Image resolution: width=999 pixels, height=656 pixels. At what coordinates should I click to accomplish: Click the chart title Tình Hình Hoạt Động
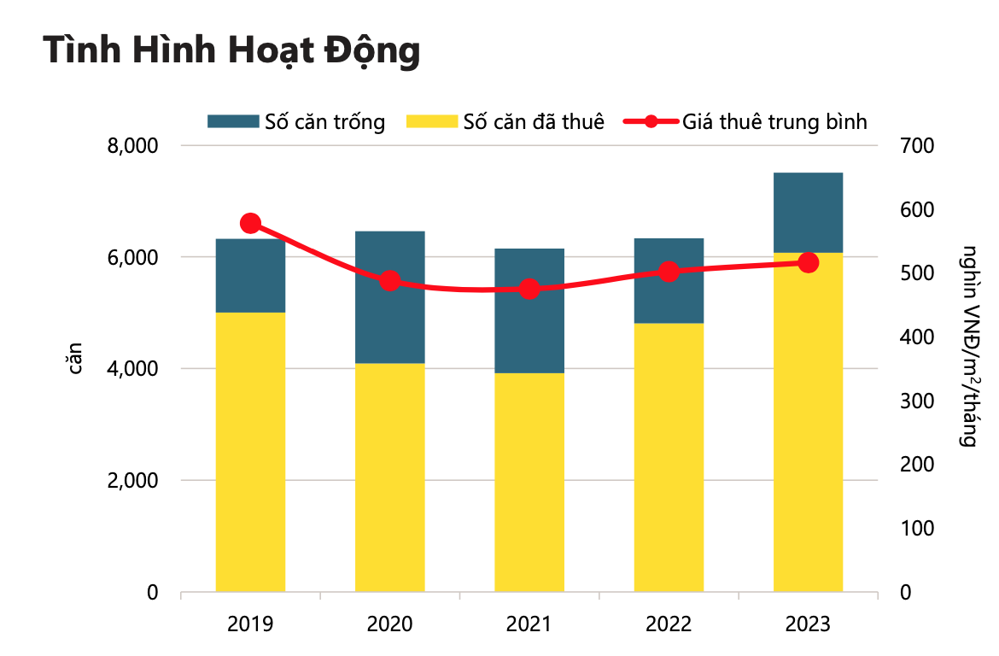(x=231, y=51)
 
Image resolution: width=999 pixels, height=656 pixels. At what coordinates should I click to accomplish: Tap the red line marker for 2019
(x=250, y=224)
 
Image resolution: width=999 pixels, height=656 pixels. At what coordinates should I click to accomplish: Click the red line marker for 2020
(x=390, y=281)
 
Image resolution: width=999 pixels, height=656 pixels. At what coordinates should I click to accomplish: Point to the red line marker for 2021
(x=529, y=289)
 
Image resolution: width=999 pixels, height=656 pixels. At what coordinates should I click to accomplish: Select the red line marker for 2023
(x=808, y=262)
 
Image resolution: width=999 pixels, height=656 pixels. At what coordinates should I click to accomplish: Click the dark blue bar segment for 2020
(x=390, y=297)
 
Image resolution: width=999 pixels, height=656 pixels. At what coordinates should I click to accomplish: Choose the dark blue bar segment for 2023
(x=808, y=212)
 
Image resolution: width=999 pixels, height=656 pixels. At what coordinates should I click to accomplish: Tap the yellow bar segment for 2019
(x=250, y=452)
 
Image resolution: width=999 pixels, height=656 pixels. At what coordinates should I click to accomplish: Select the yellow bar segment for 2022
(x=669, y=457)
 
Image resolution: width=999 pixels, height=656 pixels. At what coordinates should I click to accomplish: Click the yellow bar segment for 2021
(x=529, y=483)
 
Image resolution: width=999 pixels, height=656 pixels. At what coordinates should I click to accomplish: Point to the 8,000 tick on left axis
(x=134, y=146)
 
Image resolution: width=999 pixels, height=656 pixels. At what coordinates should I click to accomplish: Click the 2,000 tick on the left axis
(x=134, y=481)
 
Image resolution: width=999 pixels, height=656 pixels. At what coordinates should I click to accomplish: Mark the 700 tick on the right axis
(x=918, y=146)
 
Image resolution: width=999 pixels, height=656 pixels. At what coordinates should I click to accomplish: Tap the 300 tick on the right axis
(x=918, y=401)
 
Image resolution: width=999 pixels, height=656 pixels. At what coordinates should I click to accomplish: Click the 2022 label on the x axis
(x=669, y=624)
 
